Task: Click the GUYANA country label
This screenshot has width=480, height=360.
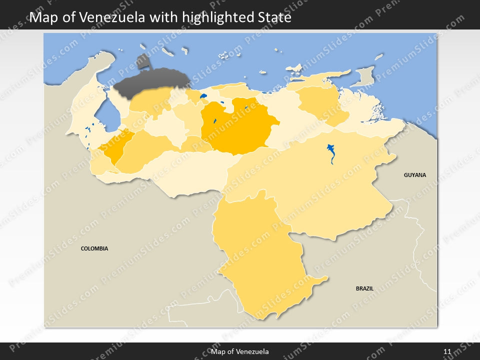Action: [x=415, y=175]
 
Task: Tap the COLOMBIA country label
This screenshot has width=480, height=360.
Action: [x=94, y=248]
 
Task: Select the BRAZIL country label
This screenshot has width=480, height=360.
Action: [x=364, y=288]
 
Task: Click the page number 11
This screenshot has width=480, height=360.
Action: [x=447, y=351]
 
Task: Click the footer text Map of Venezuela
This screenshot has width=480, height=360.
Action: [x=240, y=351]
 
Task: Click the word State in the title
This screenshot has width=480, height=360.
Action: [x=273, y=18]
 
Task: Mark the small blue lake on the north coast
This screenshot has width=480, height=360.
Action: [x=203, y=96]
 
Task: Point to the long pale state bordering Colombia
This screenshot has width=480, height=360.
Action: [x=190, y=170]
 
